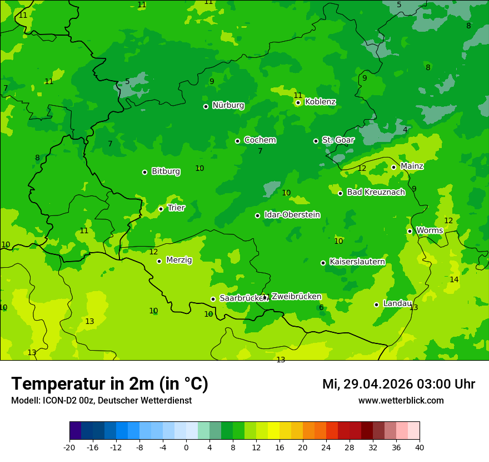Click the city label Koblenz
point(320,102)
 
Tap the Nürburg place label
point(228,105)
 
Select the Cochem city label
point(260,140)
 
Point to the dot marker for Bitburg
point(144,172)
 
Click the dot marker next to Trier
point(161,209)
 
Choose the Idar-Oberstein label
point(292,215)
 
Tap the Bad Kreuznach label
point(376,192)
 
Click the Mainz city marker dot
point(393,167)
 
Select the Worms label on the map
point(430,230)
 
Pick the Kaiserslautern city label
point(357,262)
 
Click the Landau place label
point(397,304)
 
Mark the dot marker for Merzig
point(159,261)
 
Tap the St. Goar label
point(338,140)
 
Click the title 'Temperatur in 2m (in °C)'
point(109,384)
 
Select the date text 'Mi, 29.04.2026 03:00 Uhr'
point(398,384)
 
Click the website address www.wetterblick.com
point(401,401)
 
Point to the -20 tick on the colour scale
point(69,447)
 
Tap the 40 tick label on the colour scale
point(420,447)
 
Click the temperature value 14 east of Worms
point(454,279)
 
